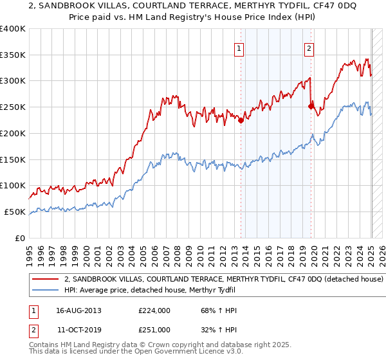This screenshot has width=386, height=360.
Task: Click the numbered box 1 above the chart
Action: [239, 48]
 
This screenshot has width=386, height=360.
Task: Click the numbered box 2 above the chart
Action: [309, 48]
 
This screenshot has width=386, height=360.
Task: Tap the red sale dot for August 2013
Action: [241, 120]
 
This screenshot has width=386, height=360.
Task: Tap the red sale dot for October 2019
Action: [311, 106]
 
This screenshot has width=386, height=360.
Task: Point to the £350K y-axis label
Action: [13, 55]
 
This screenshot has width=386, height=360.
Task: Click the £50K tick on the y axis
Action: [15, 212]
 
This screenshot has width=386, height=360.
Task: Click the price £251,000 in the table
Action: [154, 329]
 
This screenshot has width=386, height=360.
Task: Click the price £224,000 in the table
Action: [154, 311]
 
